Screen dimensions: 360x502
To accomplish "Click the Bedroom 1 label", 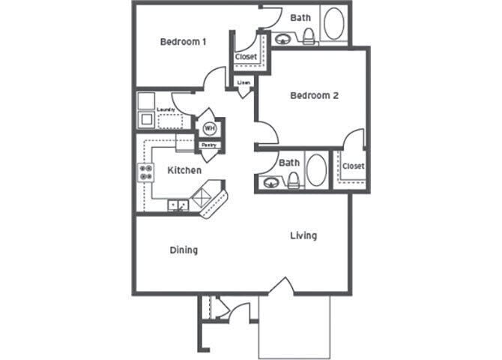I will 184,42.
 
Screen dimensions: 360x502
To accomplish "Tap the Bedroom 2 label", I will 315,96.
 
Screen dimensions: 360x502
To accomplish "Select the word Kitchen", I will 184,170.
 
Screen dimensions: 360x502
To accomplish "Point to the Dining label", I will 184,250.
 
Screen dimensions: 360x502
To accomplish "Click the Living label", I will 303,235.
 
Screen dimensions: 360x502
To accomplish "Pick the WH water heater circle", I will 208,128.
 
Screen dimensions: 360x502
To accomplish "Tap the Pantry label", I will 210,145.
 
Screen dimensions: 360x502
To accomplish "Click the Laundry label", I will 166,110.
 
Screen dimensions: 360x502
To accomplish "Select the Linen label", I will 244,82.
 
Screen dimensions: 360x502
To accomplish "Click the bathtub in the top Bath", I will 334,25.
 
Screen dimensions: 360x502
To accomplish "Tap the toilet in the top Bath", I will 308,34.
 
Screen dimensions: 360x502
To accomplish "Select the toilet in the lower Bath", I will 293,179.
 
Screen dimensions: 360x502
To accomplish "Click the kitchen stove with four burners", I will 144,174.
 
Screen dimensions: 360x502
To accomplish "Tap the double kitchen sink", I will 178,205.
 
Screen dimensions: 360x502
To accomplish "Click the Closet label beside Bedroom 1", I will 246,57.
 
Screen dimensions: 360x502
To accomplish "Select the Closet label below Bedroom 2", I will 353,166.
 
